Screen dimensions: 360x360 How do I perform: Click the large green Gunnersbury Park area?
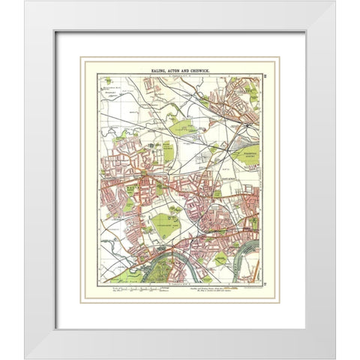[x=166, y=223]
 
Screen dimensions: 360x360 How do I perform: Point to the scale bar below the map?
[x=139, y=288]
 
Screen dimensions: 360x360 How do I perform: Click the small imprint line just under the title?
[x=179, y=75]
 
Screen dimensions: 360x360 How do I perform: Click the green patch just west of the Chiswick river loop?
[x=220, y=259]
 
